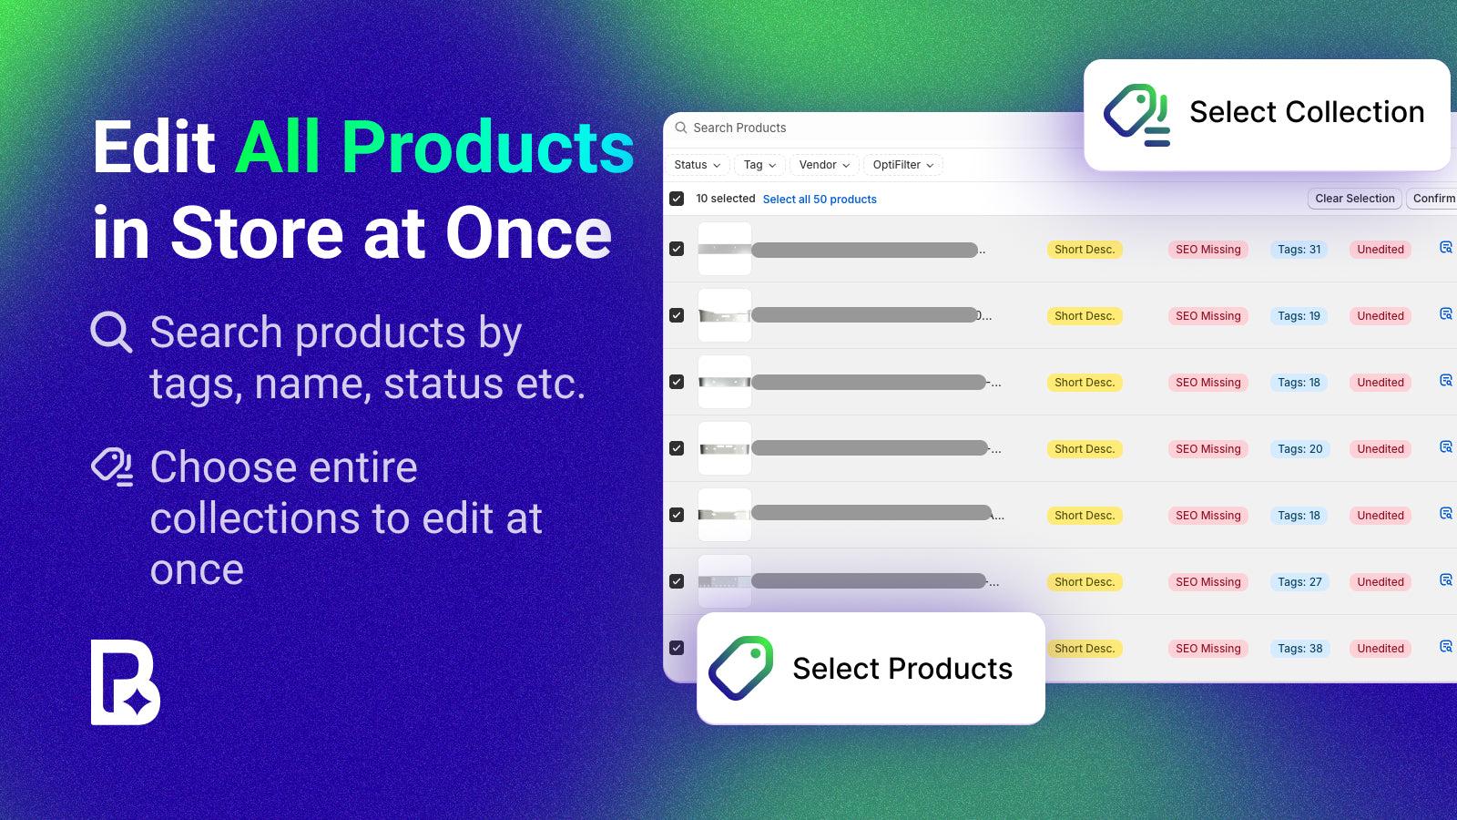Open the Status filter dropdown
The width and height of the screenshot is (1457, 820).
pos(697,165)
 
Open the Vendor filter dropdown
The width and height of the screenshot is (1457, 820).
pos(824,165)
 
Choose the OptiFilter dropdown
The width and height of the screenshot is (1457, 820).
pos(902,165)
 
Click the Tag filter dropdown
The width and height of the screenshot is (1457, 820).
pos(759,165)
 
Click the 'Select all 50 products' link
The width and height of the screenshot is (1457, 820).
pos(820,200)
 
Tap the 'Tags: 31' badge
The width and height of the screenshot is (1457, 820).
pos(1299,250)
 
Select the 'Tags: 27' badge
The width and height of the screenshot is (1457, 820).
pos(1299,582)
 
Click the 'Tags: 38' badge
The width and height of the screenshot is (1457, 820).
pos(1299,649)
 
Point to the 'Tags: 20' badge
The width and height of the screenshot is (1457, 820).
pos(1299,449)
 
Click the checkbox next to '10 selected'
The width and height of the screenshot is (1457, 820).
pos(677,199)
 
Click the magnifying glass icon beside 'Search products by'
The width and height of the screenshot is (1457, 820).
pos(112,333)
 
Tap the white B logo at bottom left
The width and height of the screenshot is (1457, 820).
pos(125,682)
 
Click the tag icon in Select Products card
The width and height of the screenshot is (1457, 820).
pos(741,668)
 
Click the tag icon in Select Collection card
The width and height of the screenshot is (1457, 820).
pos(1136,115)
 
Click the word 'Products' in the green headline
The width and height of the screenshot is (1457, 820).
pos(487,148)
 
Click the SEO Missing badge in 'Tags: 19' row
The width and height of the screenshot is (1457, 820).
pos(1207,316)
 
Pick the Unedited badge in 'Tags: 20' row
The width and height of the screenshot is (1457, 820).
pos(1380,449)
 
